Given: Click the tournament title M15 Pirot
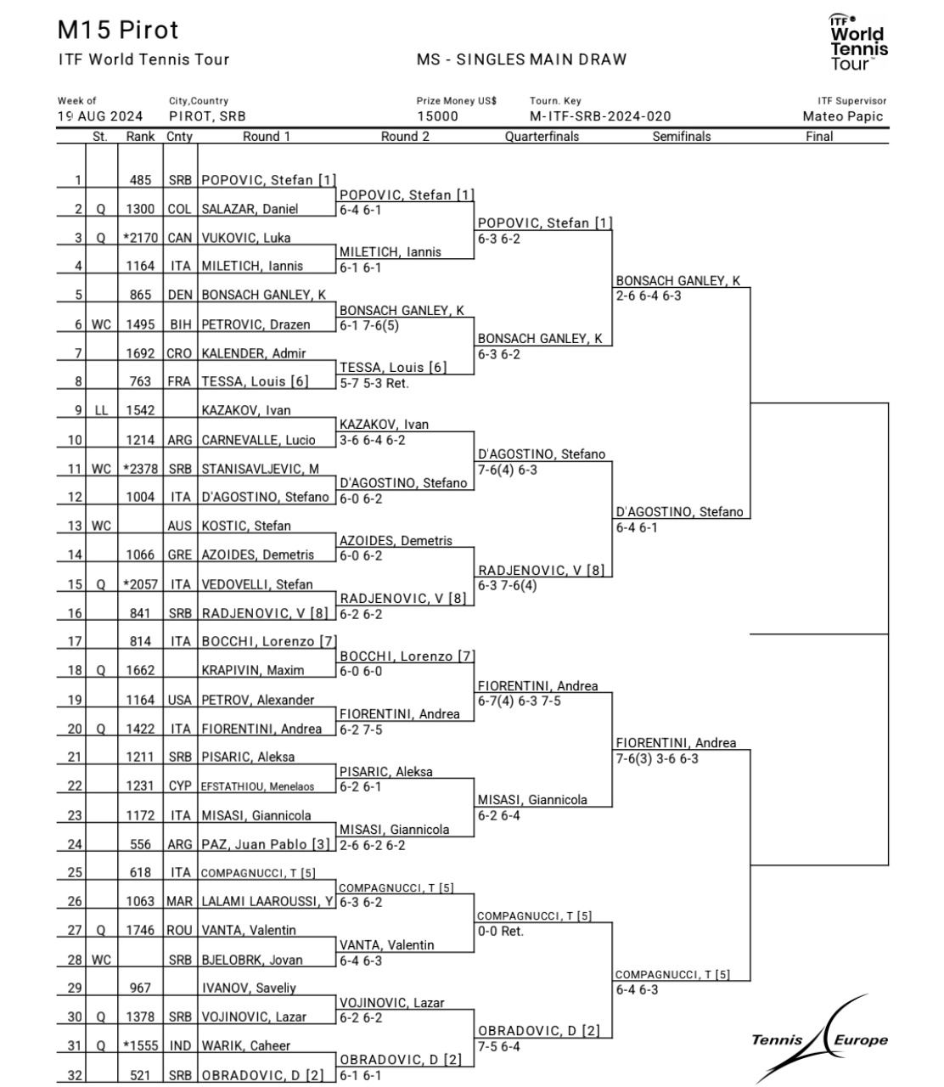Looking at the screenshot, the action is coord(118,31).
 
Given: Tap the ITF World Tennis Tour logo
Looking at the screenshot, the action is coord(858,42).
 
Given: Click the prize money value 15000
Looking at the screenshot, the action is coord(437,116).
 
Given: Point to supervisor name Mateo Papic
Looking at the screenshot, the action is coord(843,116).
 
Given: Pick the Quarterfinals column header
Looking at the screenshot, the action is coord(542,137).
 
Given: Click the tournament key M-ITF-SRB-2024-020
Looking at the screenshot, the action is coord(600,116).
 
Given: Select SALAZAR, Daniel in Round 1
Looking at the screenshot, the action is coord(250,209).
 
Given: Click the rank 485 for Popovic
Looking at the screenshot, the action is coord(140,180).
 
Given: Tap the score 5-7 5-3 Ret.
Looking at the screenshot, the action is coord(374,383).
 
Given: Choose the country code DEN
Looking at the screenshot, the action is coord(180,295).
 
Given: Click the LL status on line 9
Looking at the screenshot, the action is coord(101,410).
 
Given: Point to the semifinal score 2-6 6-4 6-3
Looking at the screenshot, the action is coord(649,296).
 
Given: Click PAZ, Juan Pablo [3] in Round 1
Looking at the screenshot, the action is coord(266,844).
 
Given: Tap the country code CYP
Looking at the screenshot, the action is coord(180,786).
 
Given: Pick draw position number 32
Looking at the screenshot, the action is coord(75,1075).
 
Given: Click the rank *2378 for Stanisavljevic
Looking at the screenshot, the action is coord(140,469).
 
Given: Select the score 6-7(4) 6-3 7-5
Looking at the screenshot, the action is coord(520,701).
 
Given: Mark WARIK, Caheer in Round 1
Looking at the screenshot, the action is coord(246,1045).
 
